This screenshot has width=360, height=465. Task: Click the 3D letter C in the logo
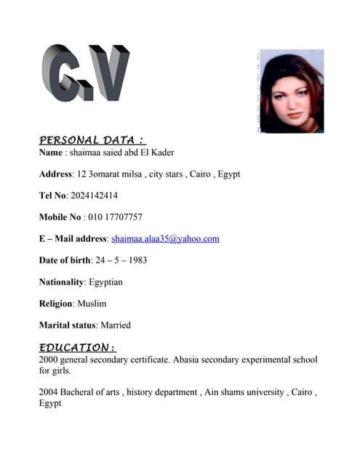tap(61, 73)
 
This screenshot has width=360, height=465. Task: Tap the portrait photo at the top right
tap(292, 91)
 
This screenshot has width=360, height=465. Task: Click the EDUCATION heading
tap(77, 347)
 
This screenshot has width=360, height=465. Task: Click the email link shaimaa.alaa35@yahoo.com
tap(165, 238)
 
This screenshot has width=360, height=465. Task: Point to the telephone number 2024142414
tap(95, 195)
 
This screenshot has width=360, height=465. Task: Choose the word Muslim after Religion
tap(92, 304)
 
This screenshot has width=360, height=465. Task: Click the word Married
tap(116, 325)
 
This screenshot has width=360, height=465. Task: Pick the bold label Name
tap(51, 153)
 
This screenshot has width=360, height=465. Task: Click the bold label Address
tap(55, 174)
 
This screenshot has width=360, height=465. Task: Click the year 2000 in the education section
tap(49, 360)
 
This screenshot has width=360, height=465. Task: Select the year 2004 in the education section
tap(49, 392)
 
